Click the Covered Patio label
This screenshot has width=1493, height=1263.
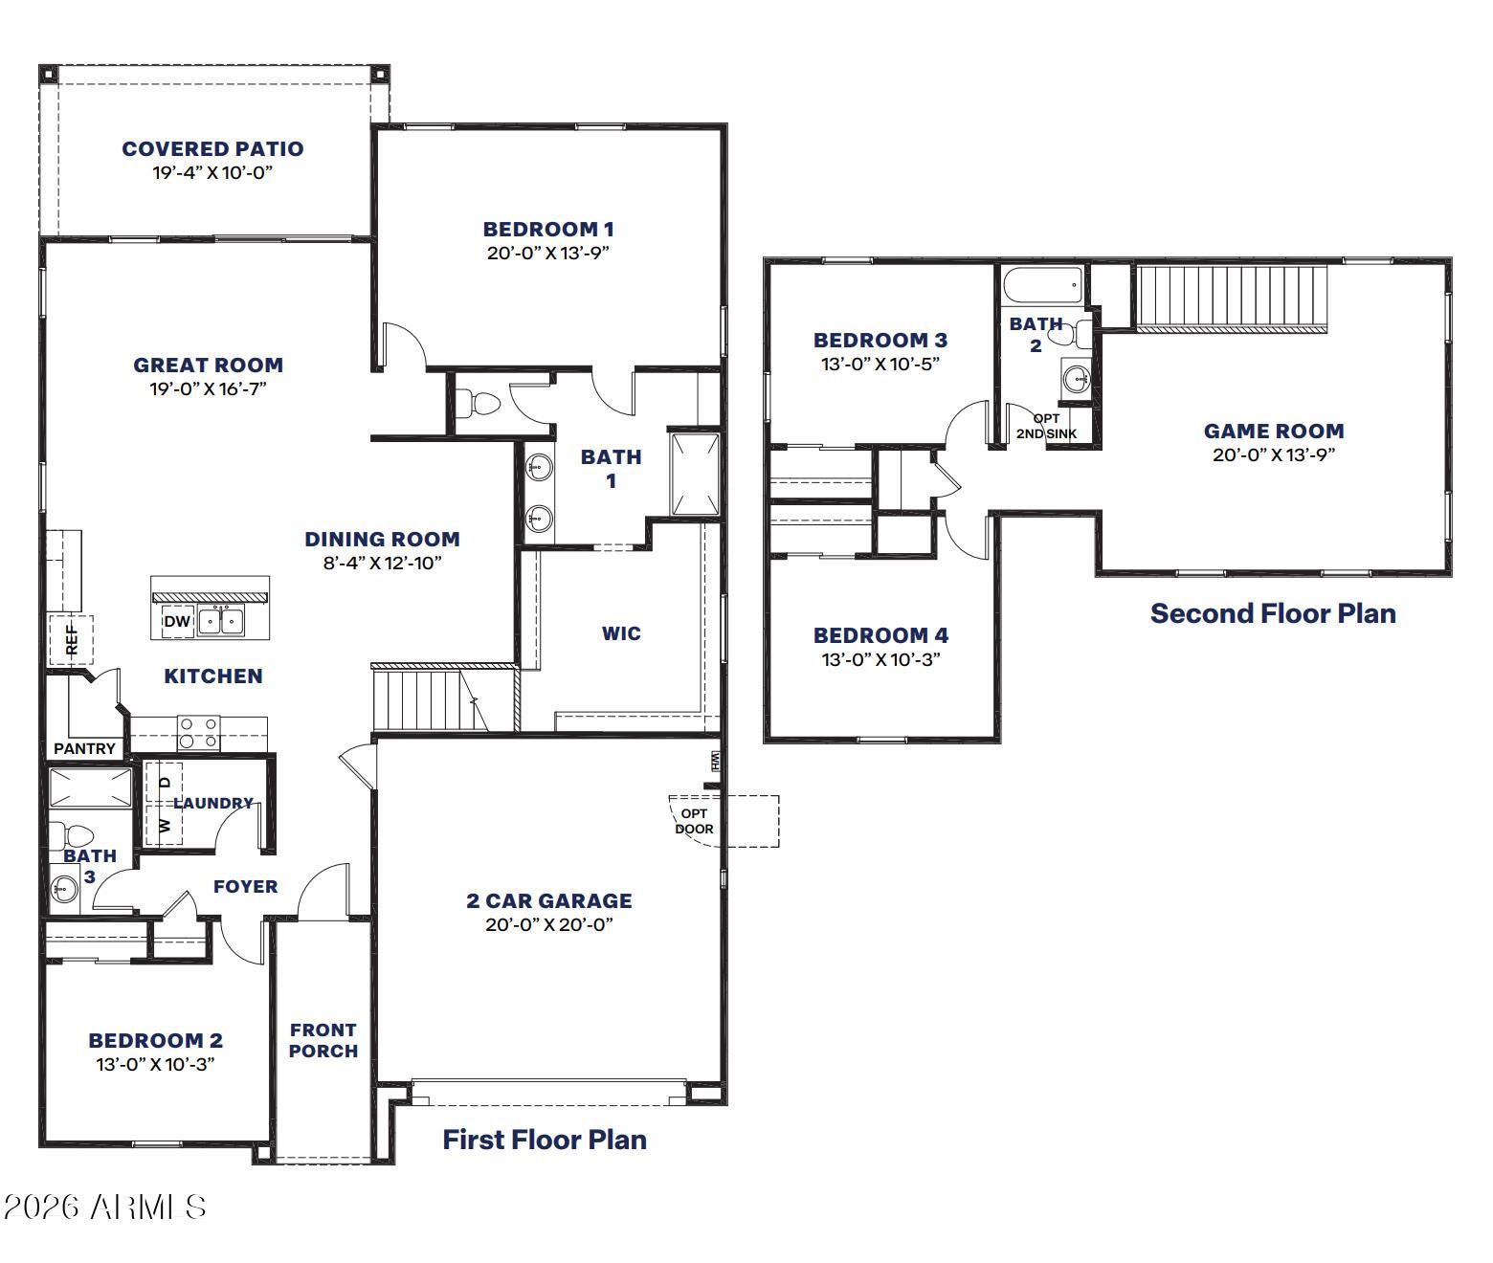tap(212, 148)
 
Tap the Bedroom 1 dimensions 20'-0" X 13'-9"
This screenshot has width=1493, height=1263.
tap(547, 253)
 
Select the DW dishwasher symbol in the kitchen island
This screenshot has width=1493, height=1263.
tap(178, 621)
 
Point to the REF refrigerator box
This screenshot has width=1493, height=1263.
tap(71, 640)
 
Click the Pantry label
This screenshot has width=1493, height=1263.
tap(84, 749)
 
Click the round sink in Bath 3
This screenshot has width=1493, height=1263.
tap(65, 888)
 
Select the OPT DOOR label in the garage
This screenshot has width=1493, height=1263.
tap(694, 821)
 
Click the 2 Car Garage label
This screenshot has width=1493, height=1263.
tap(549, 900)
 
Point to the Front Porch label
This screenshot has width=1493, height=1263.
tap(323, 1041)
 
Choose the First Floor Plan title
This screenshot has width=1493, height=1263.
tap(545, 1140)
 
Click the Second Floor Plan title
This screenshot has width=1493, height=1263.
tap(1273, 613)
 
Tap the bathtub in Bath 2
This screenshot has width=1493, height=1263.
tap(1043, 284)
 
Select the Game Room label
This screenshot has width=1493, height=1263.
tap(1274, 432)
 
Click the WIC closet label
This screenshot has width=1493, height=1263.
tap(621, 633)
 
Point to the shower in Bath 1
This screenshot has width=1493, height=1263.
tap(694, 475)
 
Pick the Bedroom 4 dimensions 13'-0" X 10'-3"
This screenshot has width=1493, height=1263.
tap(880, 659)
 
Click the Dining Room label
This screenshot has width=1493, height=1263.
tap(382, 539)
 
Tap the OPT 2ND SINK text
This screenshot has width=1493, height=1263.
tap(1047, 426)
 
